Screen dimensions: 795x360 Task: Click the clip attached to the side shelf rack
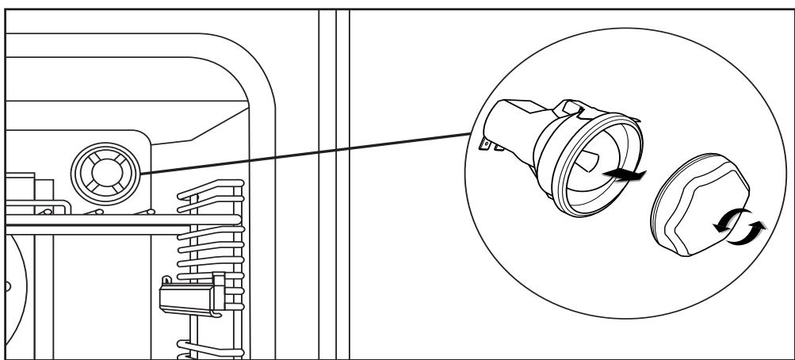pyautogui.click(x=190, y=297)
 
